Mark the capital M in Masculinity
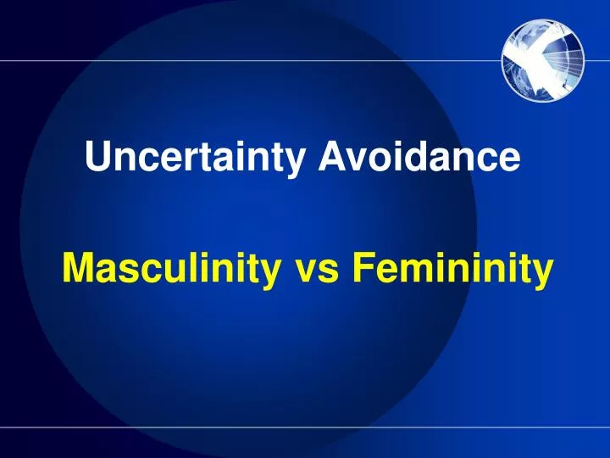[x=78, y=270]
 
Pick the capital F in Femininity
[x=362, y=270]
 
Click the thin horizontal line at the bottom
[x=305, y=427]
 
